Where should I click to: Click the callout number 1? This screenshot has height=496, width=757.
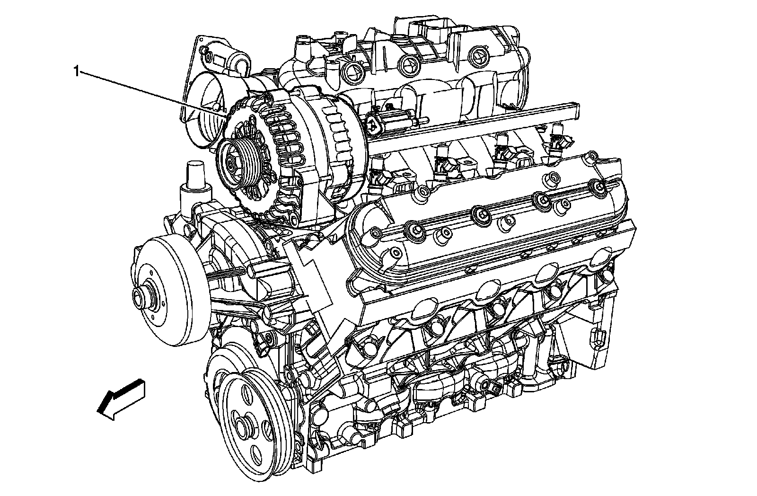click(x=77, y=71)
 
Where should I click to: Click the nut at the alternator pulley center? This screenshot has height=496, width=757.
click(x=231, y=165)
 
